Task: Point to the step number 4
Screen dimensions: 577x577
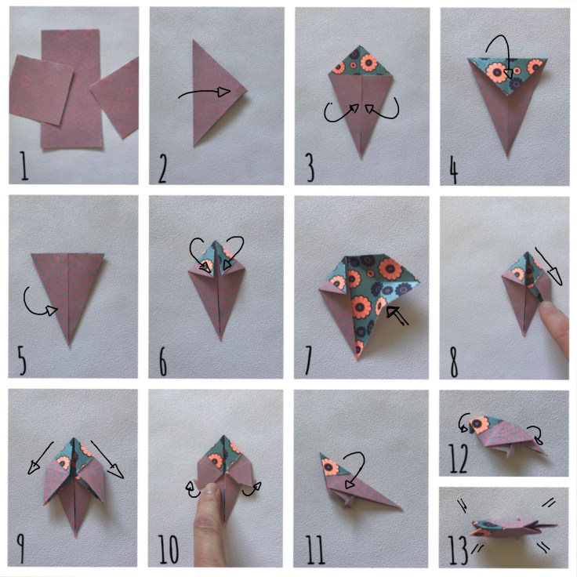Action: (x=454, y=168)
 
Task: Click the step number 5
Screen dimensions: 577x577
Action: (x=21, y=360)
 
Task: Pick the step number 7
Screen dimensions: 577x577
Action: (x=309, y=361)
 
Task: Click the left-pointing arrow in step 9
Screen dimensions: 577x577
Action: (x=39, y=458)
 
